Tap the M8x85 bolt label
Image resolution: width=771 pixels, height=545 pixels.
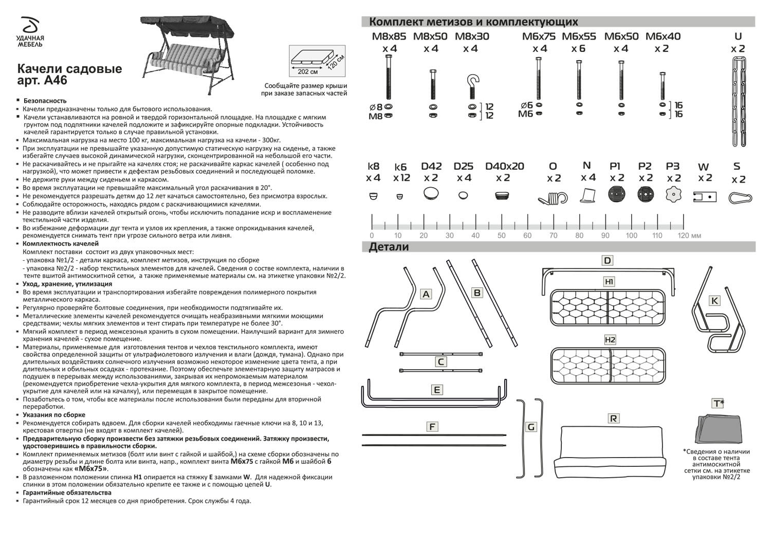(x=389, y=37)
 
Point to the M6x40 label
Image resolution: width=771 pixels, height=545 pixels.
(x=663, y=37)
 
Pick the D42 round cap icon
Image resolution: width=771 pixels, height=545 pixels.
(x=431, y=194)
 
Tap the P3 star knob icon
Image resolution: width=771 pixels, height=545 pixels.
(x=673, y=195)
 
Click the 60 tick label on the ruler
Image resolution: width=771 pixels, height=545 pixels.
(x=527, y=236)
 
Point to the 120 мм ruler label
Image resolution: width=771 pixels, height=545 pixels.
(x=689, y=236)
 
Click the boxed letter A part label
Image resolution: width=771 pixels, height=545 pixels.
(x=426, y=294)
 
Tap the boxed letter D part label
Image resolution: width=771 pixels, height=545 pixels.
(x=608, y=261)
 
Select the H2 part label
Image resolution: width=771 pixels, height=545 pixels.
(x=610, y=340)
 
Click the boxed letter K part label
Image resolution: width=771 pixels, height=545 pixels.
(x=714, y=301)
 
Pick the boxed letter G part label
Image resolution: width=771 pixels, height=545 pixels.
(x=531, y=427)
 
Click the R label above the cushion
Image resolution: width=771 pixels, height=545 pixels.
(x=613, y=419)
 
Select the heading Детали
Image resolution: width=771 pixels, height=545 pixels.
(x=389, y=247)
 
